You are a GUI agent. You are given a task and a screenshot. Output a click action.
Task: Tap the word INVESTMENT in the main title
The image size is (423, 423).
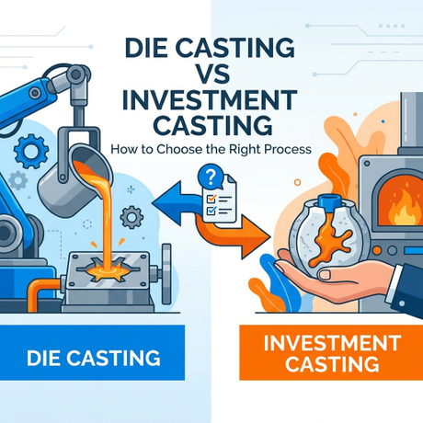click(210, 100)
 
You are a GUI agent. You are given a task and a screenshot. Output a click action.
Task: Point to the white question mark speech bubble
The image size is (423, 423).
click(210, 177)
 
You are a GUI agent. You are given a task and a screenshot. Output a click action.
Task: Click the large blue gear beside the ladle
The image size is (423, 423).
click(31, 151)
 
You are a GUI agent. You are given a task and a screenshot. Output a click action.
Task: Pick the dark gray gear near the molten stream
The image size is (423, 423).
click(131, 217)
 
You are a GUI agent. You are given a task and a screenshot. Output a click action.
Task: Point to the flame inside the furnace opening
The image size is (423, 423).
click(404, 205)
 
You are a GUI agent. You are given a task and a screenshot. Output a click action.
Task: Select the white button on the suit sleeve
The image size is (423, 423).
click(402, 303)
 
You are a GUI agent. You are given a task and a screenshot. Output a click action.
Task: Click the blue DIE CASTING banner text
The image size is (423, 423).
click(94, 358)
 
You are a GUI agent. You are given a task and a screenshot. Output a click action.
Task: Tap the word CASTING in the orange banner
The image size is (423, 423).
click(332, 363)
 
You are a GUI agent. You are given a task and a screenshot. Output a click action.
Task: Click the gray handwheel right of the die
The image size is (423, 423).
click(166, 273)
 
